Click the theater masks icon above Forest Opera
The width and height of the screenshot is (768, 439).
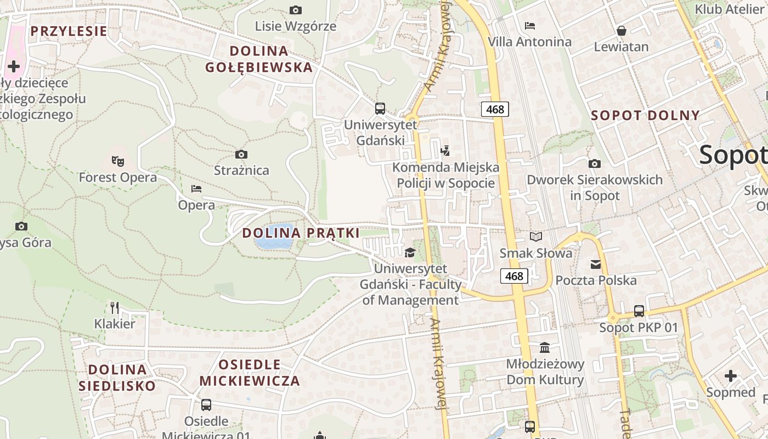coord(117,161)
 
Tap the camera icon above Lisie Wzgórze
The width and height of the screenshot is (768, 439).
coord(295,10)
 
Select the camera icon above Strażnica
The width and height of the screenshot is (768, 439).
coord(241,155)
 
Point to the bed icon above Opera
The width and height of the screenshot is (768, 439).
coord(196,189)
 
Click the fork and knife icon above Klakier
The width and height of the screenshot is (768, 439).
coord(115,307)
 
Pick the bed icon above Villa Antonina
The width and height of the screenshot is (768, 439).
coord(529,25)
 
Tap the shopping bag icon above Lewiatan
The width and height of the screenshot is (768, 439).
coord(622,31)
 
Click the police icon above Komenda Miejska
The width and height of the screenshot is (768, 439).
coord(445,150)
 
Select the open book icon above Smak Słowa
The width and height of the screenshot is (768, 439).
coord(535,237)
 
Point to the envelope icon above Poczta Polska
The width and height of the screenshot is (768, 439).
coord(596,264)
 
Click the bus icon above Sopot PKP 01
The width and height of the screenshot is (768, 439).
coord(639,311)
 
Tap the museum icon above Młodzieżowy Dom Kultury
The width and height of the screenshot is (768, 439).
coord(545,347)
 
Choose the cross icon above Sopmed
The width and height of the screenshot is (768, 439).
coord(730,376)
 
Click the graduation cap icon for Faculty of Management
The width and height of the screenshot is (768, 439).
coord(410,252)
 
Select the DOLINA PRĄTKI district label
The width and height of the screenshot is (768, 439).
coord(301,233)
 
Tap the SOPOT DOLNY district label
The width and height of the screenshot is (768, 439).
coord(645,115)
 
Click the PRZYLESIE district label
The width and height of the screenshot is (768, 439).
coord(69,31)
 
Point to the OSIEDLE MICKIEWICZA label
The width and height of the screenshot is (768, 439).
coord(250,373)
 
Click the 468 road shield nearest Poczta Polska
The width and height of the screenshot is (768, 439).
coord(514,276)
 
